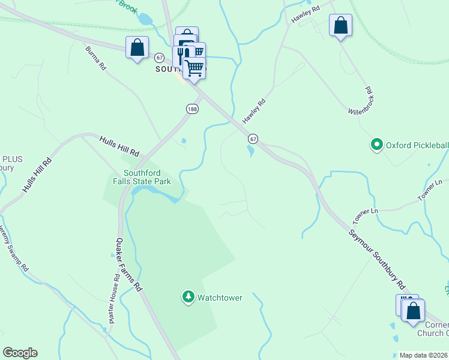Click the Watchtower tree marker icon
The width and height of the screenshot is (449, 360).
pos(188,297)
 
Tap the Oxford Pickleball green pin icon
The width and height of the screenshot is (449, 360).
pos(376,145)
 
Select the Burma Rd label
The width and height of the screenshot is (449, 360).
pos(95,59)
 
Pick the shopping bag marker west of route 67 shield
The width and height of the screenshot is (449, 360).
pos(137,47)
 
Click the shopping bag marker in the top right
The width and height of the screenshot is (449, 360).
pos(340,26)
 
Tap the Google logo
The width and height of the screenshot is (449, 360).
pos(20,353)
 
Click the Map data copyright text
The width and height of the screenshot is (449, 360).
pos(423,355)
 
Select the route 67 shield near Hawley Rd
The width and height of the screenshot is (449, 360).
pos(253,139)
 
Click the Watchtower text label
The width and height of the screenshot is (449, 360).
pos(220,298)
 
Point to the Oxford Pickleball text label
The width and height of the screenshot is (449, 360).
pos(417,145)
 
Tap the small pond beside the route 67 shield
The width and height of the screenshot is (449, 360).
pos(250,151)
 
